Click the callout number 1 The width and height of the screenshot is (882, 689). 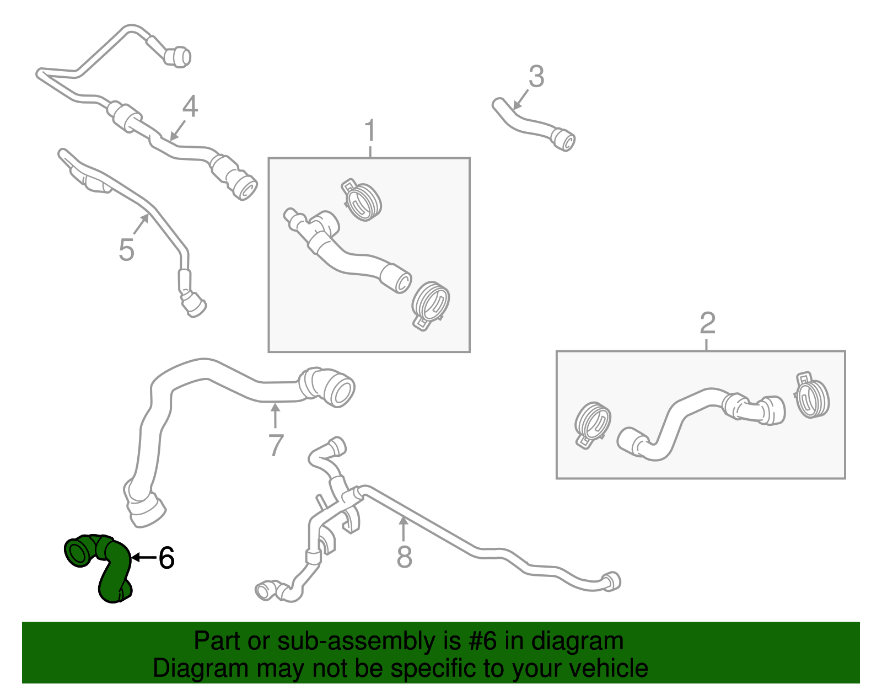(x=369, y=130)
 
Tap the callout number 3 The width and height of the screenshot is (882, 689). (x=536, y=76)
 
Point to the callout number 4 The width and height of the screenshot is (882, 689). (x=190, y=106)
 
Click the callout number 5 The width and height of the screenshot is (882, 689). (x=126, y=249)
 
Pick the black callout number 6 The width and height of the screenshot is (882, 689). (x=166, y=558)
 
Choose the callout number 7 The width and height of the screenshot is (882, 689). (x=276, y=445)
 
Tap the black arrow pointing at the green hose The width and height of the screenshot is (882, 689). (x=144, y=558)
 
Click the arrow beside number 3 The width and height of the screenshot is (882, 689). (x=520, y=100)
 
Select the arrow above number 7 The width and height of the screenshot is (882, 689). (x=275, y=415)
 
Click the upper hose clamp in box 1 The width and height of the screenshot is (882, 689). (x=361, y=200)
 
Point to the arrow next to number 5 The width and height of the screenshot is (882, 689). (x=141, y=225)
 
